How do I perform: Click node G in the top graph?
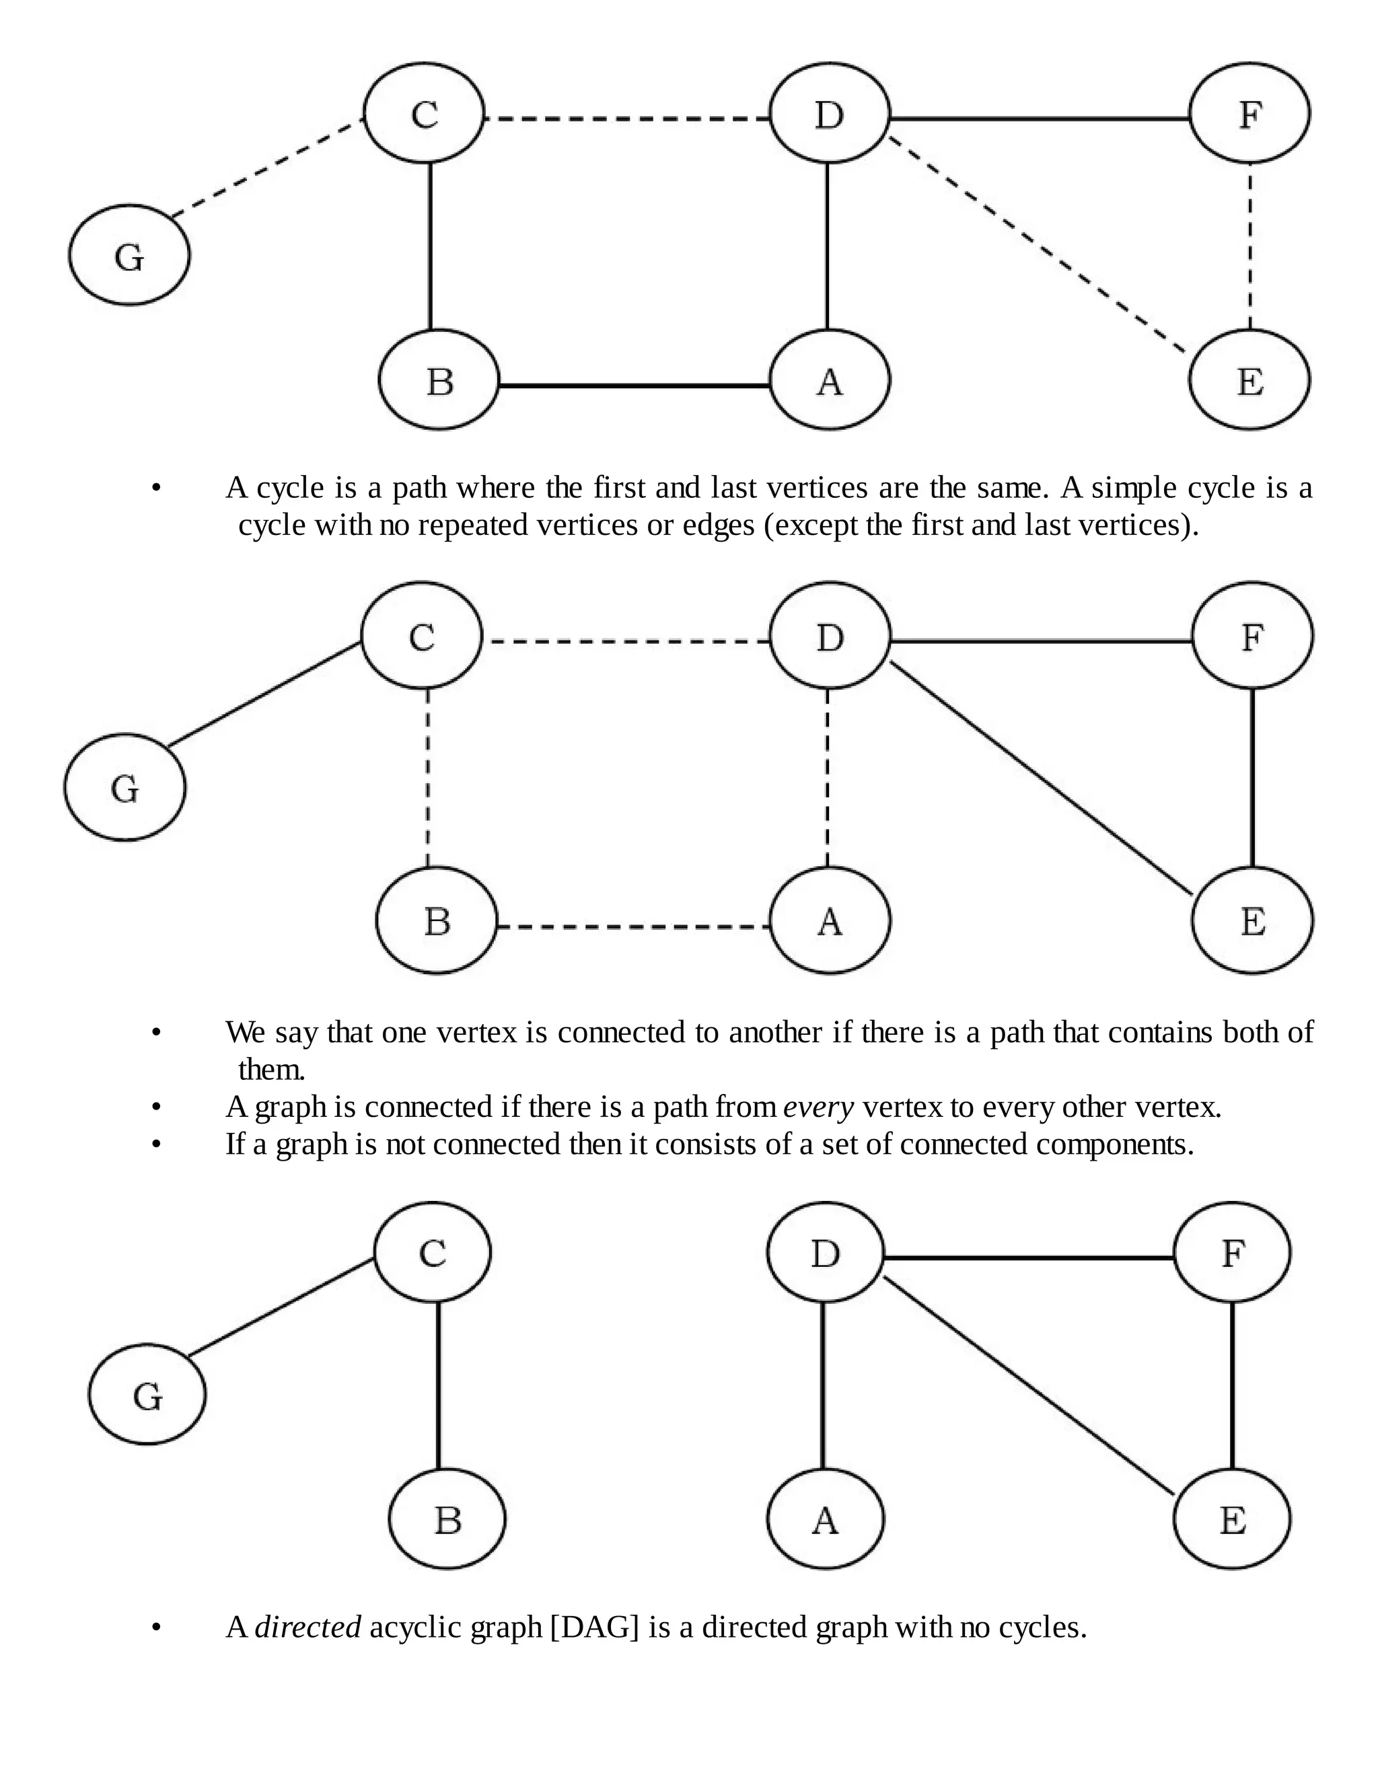click(129, 256)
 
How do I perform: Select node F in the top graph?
click(1249, 114)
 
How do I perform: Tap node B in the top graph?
click(439, 380)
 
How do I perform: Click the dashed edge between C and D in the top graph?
click(627, 119)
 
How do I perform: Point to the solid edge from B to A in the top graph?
click(633, 384)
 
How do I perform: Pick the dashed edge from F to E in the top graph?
click(1250, 245)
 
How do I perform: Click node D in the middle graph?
click(830, 636)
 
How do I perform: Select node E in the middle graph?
click(1252, 921)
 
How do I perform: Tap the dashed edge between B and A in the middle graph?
click(633, 926)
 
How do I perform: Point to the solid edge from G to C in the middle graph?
click(264, 694)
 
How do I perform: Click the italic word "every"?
click(818, 1108)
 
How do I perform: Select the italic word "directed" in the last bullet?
click(307, 1627)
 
